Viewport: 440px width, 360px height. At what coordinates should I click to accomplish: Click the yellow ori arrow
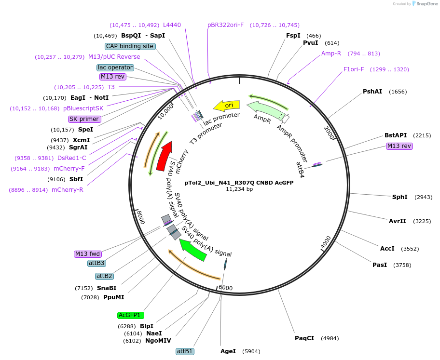pos(226,106)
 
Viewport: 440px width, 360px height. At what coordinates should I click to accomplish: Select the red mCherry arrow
pos(164,156)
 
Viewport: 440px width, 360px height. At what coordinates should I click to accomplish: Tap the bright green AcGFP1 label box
pos(131,315)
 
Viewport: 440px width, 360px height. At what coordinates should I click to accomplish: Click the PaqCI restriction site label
pos(304,338)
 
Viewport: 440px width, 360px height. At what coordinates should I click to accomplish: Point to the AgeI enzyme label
pos(228,351)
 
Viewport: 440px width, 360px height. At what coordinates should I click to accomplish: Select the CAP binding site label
pos(130,46)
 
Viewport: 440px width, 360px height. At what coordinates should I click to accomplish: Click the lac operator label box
pos(115,67)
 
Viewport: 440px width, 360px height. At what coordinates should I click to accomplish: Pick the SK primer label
pos(84,119)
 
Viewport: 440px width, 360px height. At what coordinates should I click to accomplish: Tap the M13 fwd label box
pos(87,254)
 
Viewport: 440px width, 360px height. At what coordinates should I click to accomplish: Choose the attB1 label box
pos(185,351)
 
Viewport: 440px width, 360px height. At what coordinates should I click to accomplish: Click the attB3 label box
pos(97,263)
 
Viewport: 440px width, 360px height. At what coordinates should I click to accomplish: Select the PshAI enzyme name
pos(372,92)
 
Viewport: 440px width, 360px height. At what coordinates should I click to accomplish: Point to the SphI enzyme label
pos(399,197)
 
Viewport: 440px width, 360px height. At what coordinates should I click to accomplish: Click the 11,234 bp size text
pos(239,189)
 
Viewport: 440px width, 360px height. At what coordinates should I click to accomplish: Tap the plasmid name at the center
pos(239,183)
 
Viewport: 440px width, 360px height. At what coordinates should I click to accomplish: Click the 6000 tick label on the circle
pos(226,288)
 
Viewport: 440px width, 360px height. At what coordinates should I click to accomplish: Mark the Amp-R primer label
pos(331,53)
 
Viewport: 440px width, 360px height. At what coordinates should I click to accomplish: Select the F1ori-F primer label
pos(354,69)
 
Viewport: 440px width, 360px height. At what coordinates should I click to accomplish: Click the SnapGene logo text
pos(427,4)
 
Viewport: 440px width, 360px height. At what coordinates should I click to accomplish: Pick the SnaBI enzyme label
pos(107,288)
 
